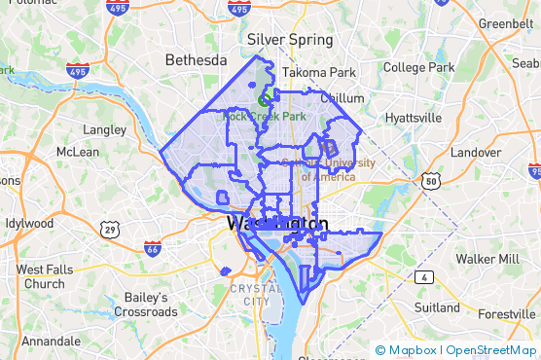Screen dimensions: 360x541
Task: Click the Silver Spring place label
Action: point(290,40)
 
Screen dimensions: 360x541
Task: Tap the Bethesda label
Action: point(196,60)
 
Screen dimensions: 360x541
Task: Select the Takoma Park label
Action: point(318,72)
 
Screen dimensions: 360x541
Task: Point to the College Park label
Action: point(419,67)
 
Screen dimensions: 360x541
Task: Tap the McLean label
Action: point(78,152)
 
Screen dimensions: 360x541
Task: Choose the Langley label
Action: point(105,128)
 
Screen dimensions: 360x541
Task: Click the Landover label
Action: point(476,152)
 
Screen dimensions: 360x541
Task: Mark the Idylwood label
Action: point(29,223)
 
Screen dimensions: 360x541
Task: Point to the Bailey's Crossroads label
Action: point(145,305)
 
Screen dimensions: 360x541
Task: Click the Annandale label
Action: point(52,342)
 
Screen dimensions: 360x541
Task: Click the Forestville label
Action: point(507,314)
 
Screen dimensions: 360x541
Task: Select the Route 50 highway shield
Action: point(431,181)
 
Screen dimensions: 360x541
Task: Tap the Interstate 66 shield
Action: point(153,248)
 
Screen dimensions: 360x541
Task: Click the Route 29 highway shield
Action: point(110,229)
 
